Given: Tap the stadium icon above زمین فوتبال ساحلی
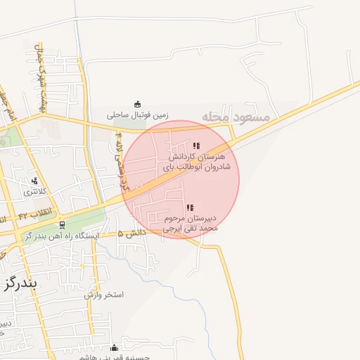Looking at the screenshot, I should pyautogui.click(x=137, y=103).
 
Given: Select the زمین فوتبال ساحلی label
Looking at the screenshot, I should pyautogui.click(x=138, y=113).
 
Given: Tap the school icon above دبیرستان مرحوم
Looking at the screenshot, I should pyautogui.click(x=190, y=207).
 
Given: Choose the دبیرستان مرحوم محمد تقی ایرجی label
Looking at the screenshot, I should pyautogui.click(x=191, y=223).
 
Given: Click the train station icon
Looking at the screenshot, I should pyautogui.click(x=63, y=226).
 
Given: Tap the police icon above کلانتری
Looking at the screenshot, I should pyautogui.click(x=34, y=181).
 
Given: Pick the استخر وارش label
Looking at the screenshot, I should pyautogui.click(x=104, y=295).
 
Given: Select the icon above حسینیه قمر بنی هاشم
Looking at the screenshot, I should pyautogui.click(x=115, y=347).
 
